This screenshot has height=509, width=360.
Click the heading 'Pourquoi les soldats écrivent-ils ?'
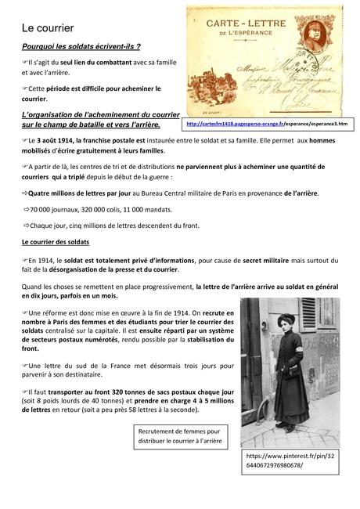point(81,47)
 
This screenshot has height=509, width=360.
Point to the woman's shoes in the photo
point(271,428)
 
